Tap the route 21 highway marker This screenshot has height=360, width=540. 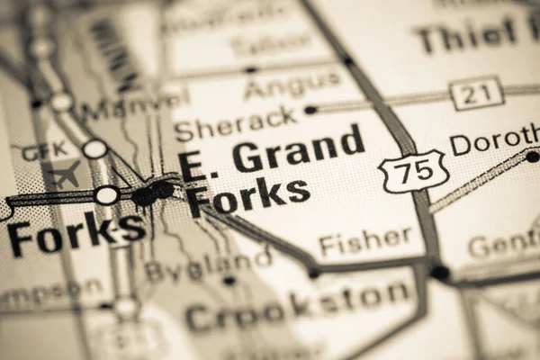coord(475,94)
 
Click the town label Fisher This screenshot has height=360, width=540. coord(365,241)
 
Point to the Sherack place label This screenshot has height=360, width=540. coord(236,123)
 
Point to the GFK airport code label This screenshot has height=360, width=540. coord(45,151)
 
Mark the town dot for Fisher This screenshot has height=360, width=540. coord(314,273)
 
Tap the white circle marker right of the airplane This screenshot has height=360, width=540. coord(106,194)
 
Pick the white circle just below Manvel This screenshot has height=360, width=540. coord(94,148)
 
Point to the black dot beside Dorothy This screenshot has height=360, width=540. coord(532,157)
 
